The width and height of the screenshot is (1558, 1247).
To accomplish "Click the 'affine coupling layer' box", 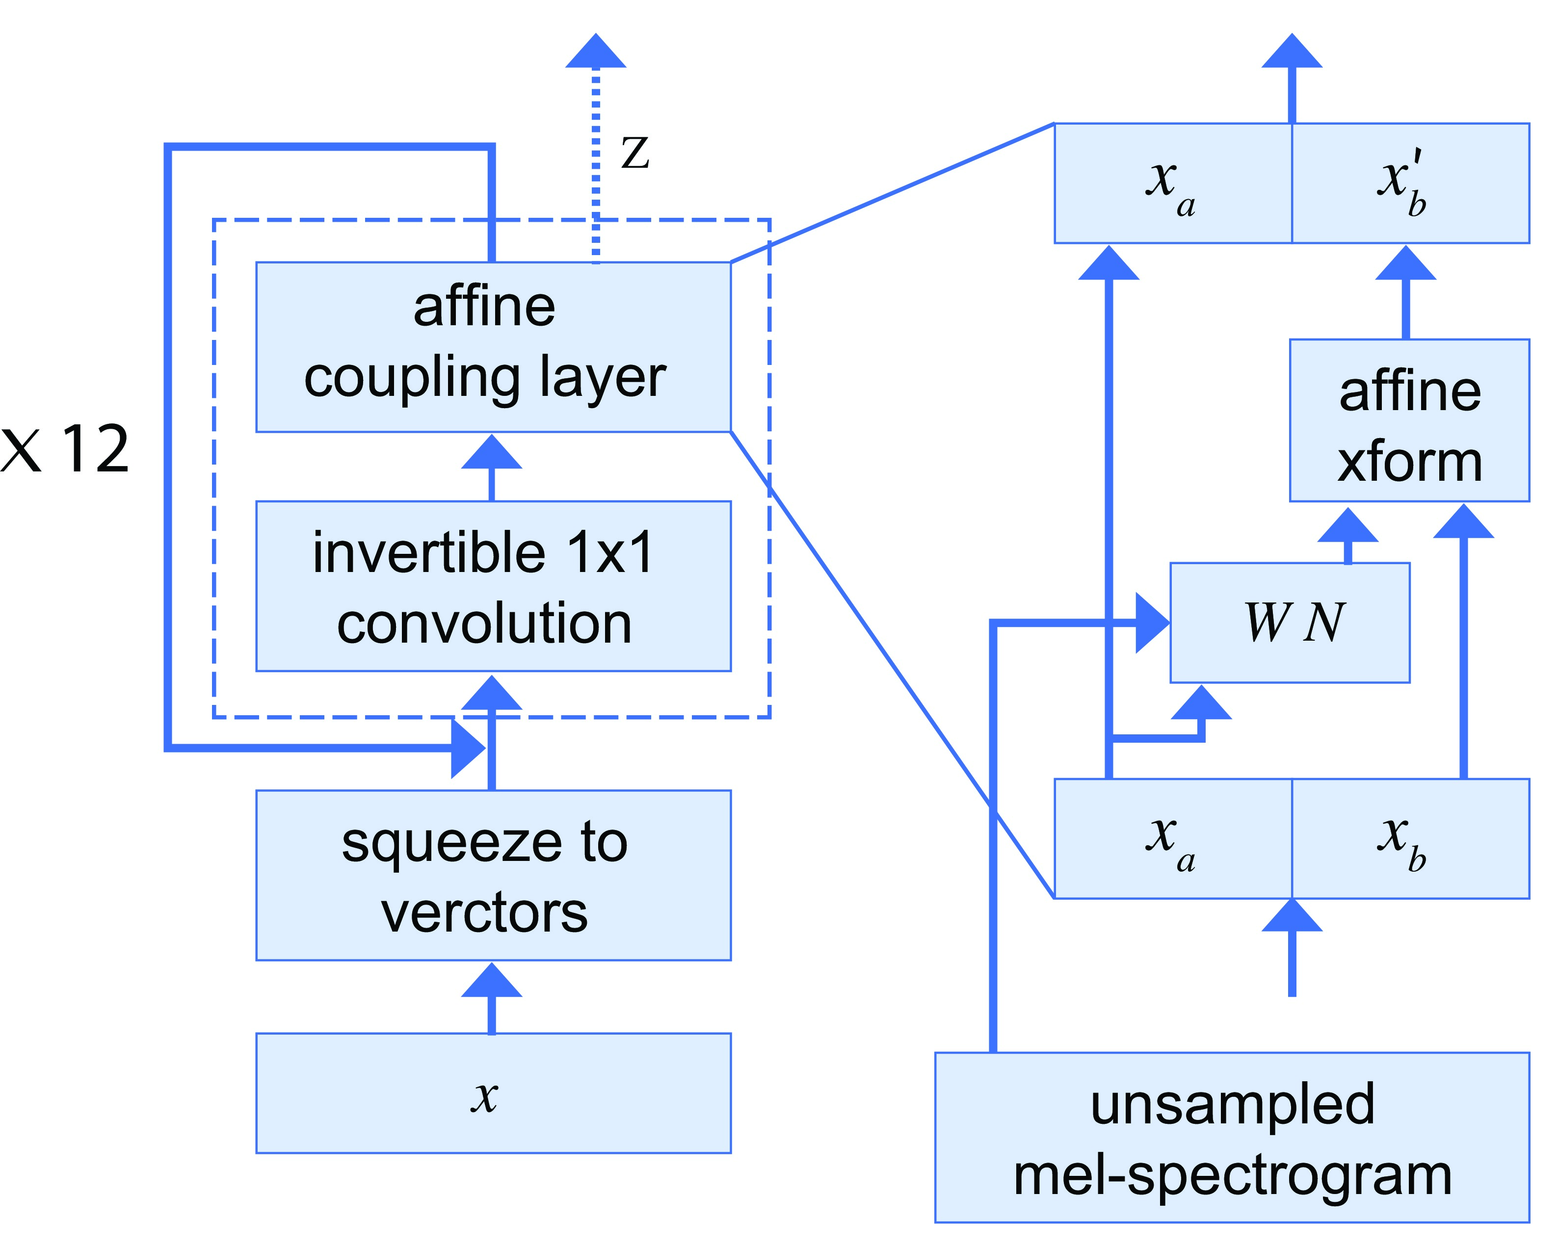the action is (x=494, y=347).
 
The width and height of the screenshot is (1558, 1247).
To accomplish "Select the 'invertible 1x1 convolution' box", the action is (x=494, y=586).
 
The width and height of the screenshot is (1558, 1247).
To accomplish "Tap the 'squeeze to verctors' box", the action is (x=494, y=875).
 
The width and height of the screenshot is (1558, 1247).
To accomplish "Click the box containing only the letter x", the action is (x=494, y=1093).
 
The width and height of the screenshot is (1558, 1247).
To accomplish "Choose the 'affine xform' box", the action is (x=1410, y=420).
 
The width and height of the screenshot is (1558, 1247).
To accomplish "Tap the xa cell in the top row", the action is (x=1173, y=183).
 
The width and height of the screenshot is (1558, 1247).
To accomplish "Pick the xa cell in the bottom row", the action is (x=1173, y=839).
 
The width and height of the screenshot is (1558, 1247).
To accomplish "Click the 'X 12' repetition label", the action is (x=65, y=449).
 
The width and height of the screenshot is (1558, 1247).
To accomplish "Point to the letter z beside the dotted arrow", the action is (x=635, y=153).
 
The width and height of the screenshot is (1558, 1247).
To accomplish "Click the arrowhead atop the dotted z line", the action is (x=595, y=51).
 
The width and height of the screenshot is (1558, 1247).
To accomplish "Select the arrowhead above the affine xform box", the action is (x=1405, y=263).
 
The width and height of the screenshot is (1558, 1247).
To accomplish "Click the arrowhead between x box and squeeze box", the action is (x=491, y=980).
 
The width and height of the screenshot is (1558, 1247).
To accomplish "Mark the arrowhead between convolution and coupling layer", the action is (x=491, y=451).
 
